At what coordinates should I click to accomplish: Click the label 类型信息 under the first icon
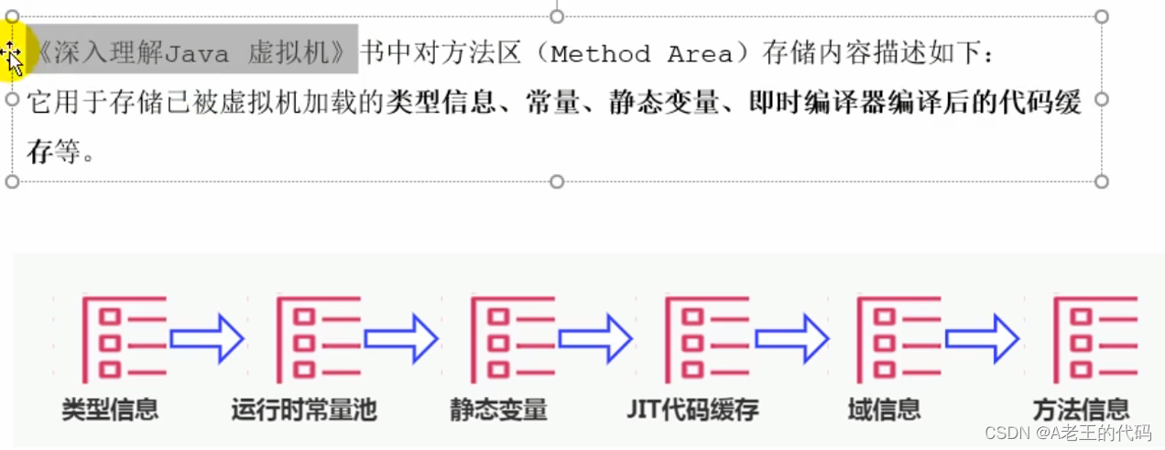[x=110, y=409]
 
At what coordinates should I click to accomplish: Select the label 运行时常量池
[x=304, y=409]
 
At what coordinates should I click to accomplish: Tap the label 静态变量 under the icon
[x=499, y=409]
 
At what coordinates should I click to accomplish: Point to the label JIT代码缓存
[x=693, y=409]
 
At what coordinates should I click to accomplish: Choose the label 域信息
[x=885, y=409]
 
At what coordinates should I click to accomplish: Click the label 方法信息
[x=1081, y=409]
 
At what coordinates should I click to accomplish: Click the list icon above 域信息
[x=898, y=340]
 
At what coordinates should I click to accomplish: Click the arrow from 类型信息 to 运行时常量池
[x=207, y=339]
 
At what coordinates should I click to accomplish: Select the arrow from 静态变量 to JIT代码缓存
[x=595, y=339]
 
